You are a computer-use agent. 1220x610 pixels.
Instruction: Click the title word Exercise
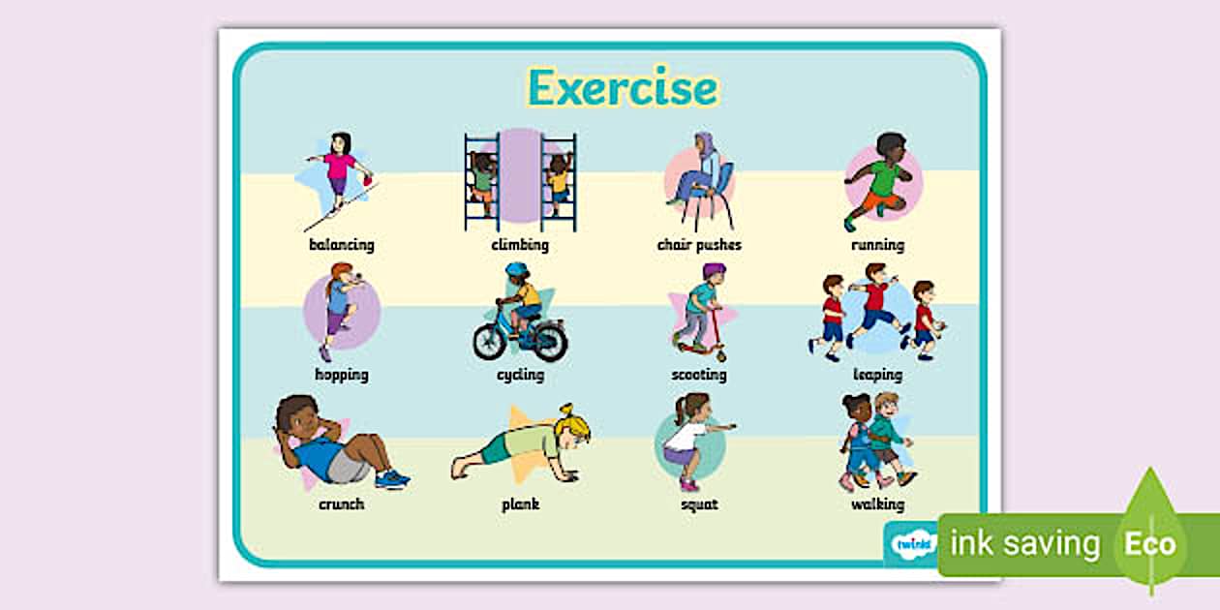tap(624, 87)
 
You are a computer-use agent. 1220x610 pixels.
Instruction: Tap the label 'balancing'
tap(342, 245)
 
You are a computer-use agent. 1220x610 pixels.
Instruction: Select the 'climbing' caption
tap(520, 245)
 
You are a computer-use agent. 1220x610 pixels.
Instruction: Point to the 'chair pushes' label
tap(699, 245)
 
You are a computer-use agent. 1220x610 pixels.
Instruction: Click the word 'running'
tap(877, 246)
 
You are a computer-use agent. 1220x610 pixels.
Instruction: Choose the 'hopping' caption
tap(342, 376)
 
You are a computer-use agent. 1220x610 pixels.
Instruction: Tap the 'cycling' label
tap(520, 376)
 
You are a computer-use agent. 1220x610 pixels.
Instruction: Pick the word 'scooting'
tap(699, 376)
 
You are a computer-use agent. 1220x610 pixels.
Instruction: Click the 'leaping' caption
tap(877, 376)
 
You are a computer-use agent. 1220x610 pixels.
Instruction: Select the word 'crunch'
tap(342, 504)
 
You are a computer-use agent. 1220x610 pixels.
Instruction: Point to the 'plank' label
tap(520, 504)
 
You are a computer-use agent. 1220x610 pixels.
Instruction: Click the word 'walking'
tap(877, 504)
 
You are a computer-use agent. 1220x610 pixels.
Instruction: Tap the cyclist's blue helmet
tap(517, 269)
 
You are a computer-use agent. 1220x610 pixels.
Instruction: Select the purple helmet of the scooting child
tap(713, 270)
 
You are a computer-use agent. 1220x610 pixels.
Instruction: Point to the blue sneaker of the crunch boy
tap(392, 478)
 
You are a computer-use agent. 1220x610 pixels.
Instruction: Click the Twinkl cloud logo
tap(913, 543)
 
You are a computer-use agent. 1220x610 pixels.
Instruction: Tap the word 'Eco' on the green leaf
tap(1150, 543)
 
